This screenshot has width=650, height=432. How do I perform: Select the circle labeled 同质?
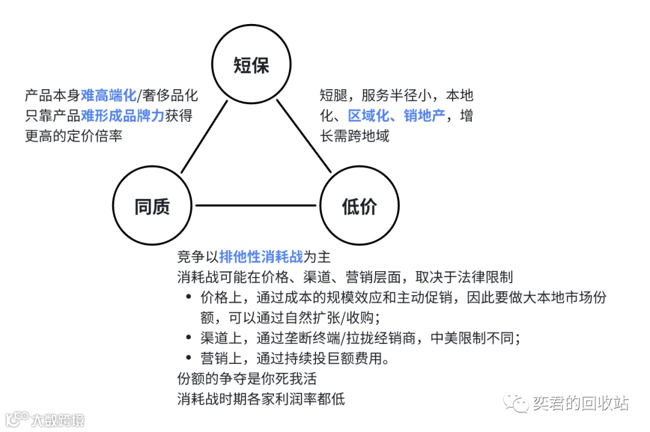(x=152, y=206)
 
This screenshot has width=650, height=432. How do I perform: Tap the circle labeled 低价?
(x=359, y=206)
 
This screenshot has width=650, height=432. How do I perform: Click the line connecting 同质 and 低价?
(x=256, y=206)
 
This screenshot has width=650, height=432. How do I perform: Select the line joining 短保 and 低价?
(x=305, y=136)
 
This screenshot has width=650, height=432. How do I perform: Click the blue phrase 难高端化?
(x=109, y=96)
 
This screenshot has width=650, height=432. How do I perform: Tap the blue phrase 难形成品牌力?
(x=122, y=116)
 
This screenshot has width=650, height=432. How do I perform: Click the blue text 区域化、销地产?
(x=397, y=116)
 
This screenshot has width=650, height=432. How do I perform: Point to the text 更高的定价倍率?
(x=73, y=136)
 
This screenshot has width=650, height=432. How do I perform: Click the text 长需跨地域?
(x=354, y=136)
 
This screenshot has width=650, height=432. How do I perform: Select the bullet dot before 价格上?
(x=189, y=298)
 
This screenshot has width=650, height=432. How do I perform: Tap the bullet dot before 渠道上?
(x=189, y=338)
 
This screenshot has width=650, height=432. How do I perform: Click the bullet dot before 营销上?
(x=189, y=358)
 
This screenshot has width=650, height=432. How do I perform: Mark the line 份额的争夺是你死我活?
(x=247, y=379)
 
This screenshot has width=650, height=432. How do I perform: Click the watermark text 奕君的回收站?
(x=580, y=403)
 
